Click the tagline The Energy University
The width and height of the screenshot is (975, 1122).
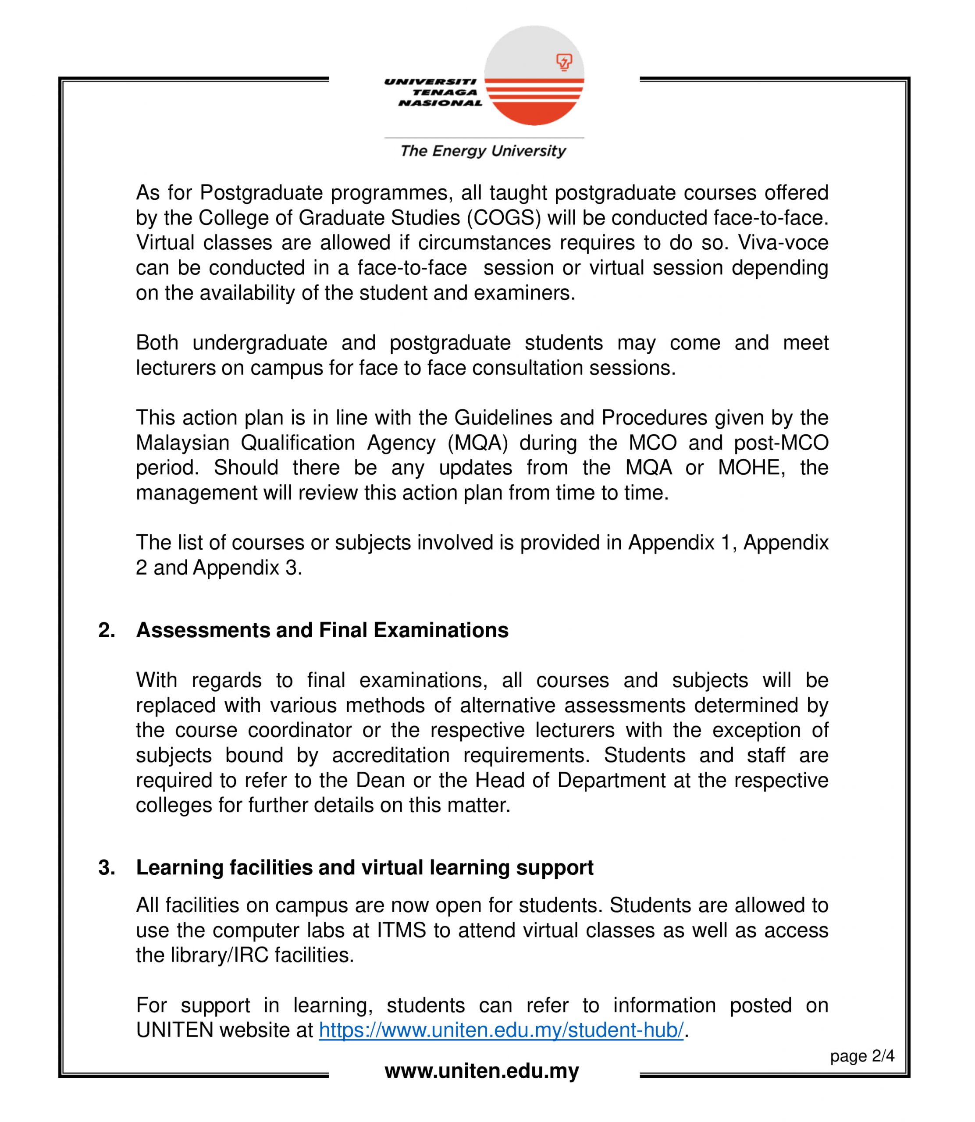tap(483, 151)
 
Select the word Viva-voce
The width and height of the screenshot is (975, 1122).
tap(783, 242)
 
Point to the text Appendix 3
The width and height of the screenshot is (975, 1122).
tap(247, 568)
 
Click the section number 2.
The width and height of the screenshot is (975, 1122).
tap(107, 630)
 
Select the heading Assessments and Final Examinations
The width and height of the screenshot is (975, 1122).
tap(322, 630)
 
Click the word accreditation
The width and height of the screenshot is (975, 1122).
tap(391, 756)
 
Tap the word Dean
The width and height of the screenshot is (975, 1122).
tap(381, 781)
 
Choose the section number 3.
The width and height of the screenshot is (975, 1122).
tap(107, 867)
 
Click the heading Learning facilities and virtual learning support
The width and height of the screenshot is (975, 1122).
tap(365, 867)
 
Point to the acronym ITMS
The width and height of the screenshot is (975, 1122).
tap(402, 930)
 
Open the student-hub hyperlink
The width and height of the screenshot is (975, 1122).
tap(501, 1031)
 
